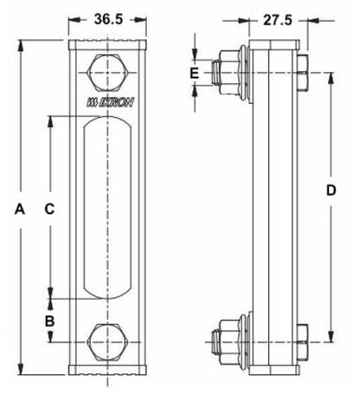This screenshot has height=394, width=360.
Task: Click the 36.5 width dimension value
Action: (108, 20)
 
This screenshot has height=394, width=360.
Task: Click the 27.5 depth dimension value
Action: (278, 21)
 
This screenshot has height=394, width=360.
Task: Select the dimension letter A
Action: (20, 209)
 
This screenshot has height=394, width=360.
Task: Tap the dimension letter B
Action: (49, 320)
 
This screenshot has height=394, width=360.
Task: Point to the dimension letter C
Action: (49, 209)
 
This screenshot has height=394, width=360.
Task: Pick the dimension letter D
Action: (331, 191)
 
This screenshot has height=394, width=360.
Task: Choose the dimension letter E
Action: (195, 74)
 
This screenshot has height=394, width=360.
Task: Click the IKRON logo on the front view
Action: (111, 102)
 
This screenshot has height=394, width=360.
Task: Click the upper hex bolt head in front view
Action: (107, 73)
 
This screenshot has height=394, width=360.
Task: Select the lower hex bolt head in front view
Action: (107, 342)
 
